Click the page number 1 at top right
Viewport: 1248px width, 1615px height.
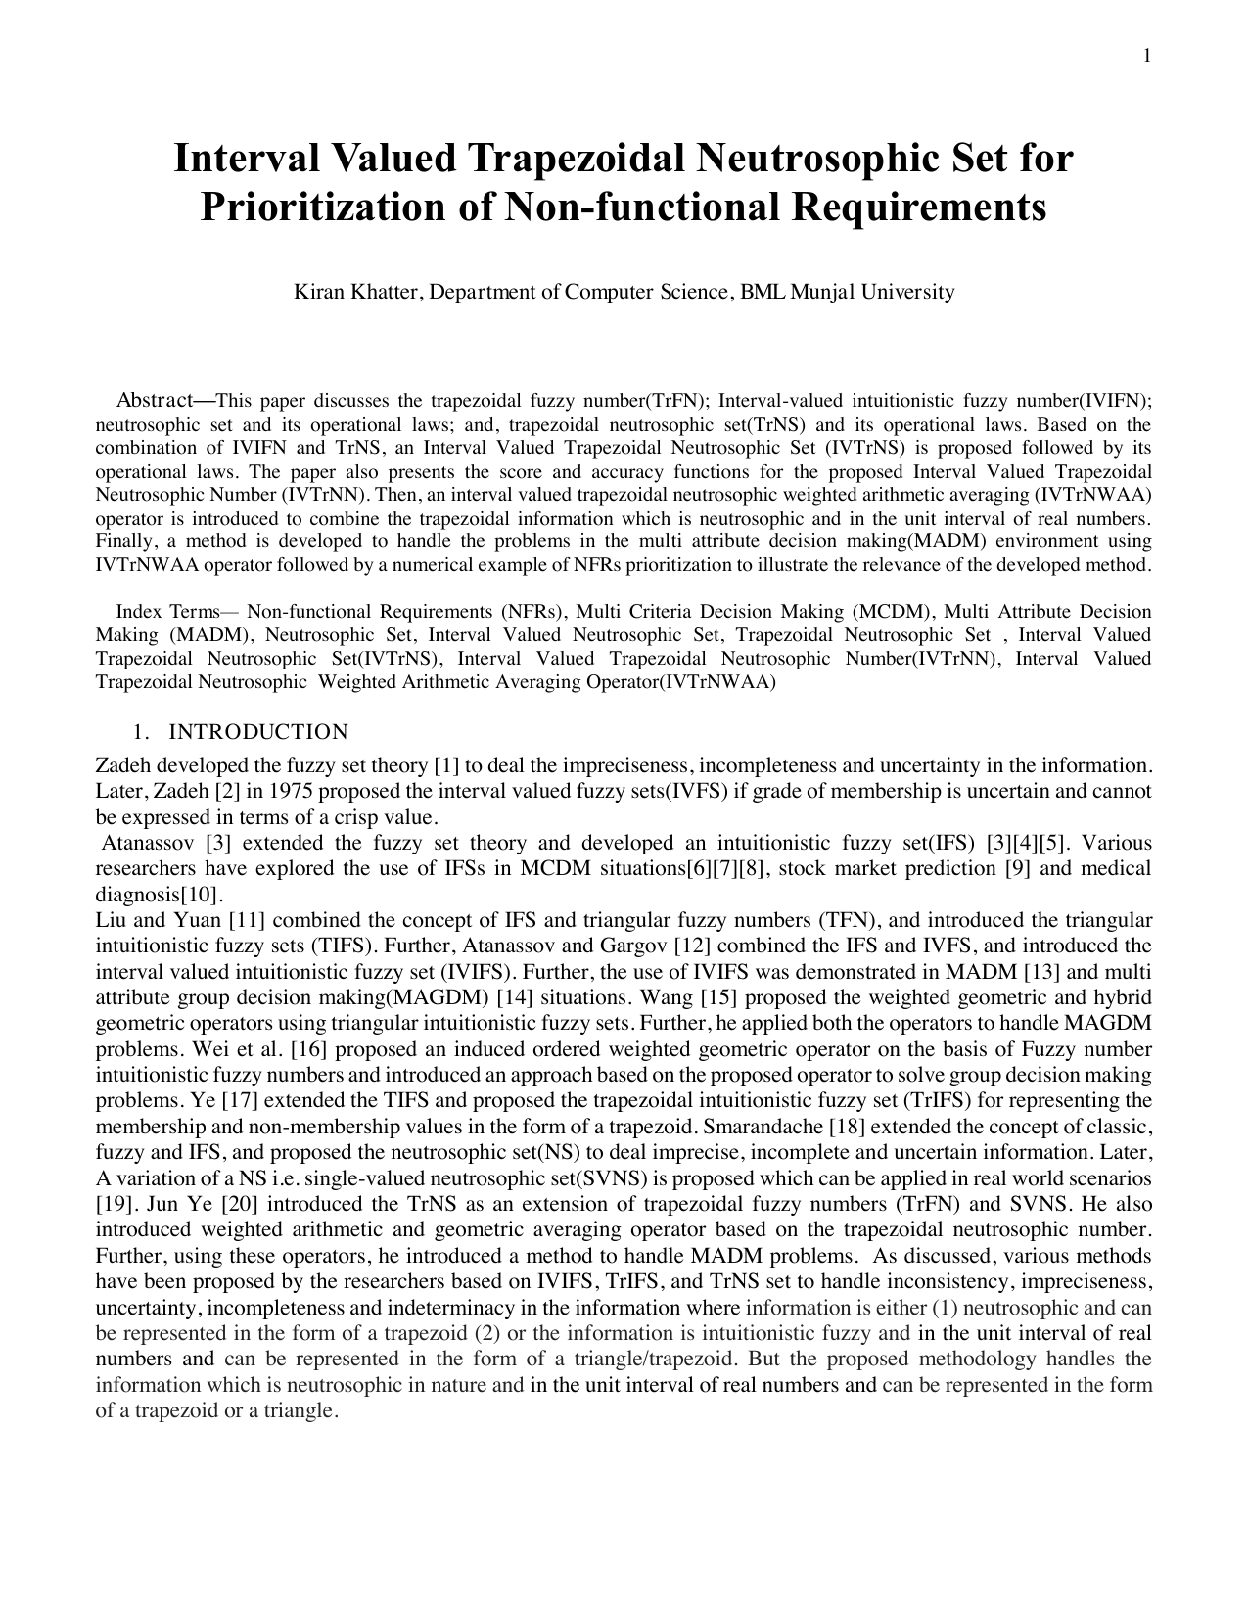coord(1146,56)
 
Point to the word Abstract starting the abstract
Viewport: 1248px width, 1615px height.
coord(153,400)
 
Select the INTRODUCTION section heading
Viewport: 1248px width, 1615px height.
coord(257,732)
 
